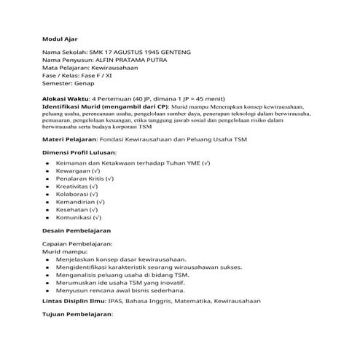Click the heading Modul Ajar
click(x=60, y=38)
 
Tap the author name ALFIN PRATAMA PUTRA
click(x=130, y=62)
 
